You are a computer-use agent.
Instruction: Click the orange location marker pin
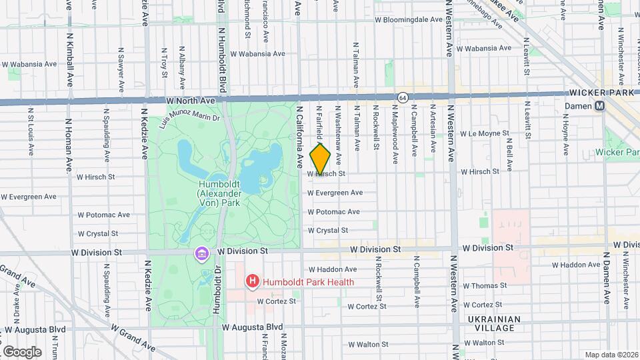click(x=320, y=159)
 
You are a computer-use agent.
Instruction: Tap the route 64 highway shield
click(x=403, y=98)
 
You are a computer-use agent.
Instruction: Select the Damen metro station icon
click(x=599, y=106)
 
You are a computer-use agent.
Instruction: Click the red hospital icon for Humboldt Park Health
click(x=252, y=282)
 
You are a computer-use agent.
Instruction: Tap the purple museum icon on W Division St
click(x=201, y=254)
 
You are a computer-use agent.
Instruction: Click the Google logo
click(x=21, y=351)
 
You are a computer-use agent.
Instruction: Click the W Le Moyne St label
click(x=485, y=133)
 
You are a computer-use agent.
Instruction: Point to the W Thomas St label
click(x=485, y=285)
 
